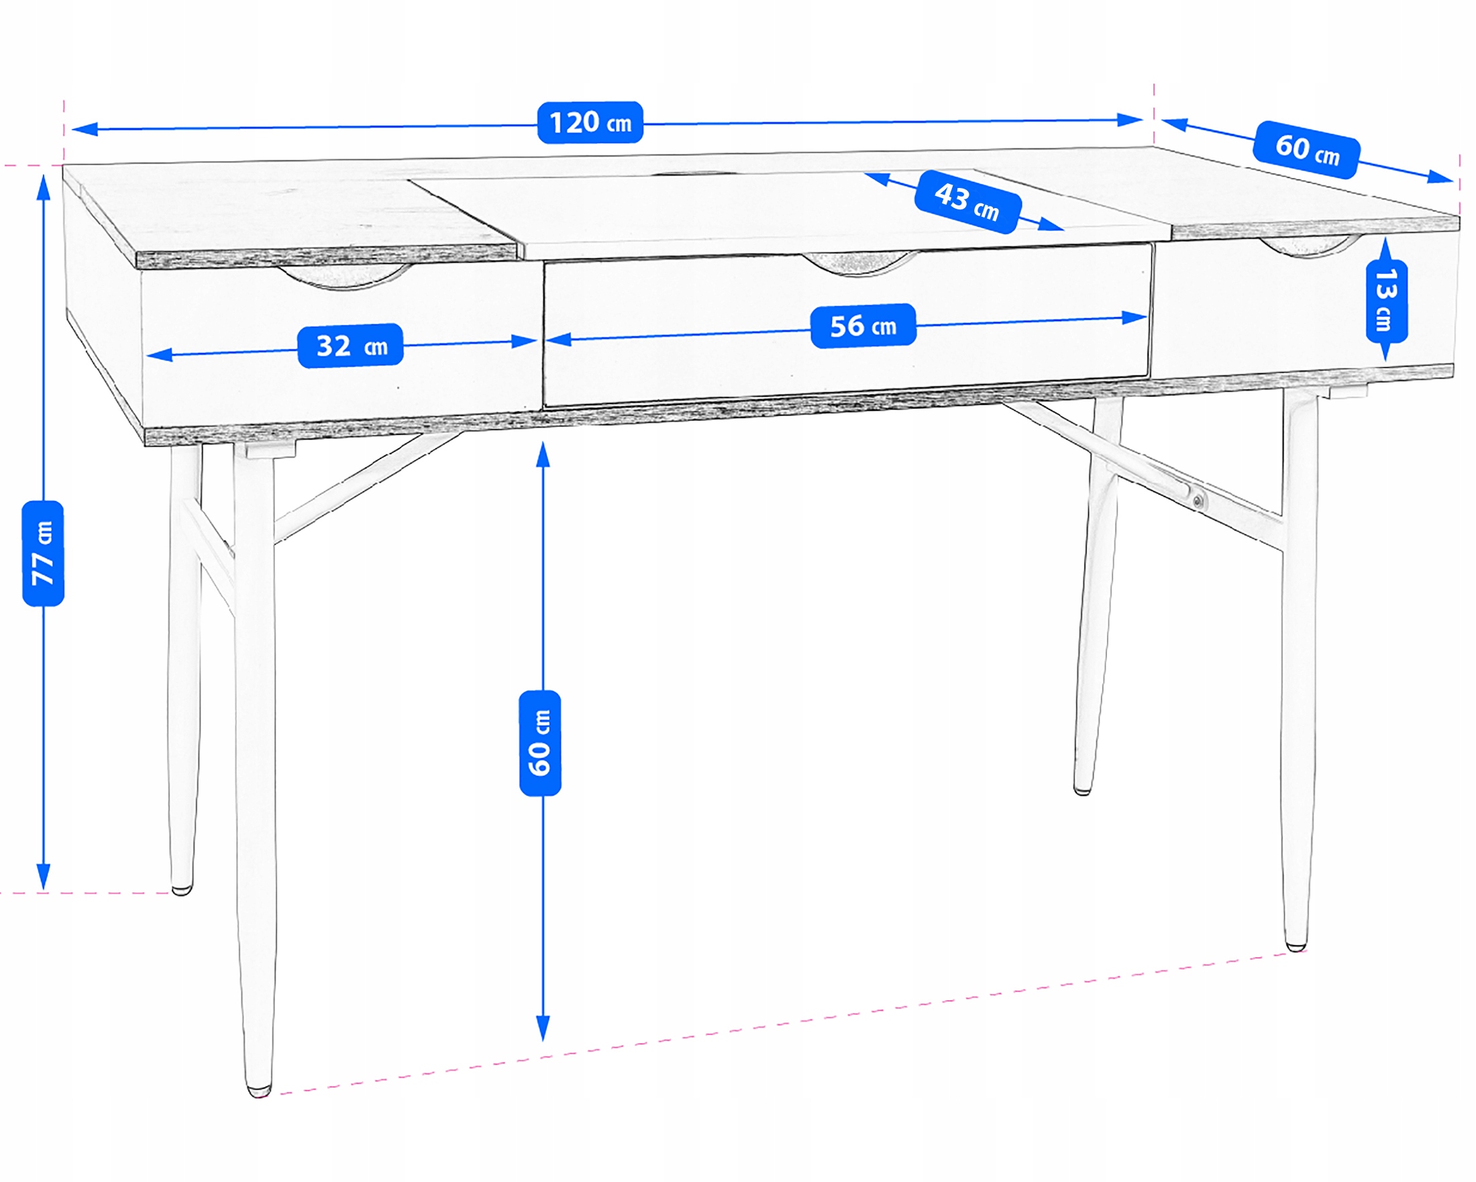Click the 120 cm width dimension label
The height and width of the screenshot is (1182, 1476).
pyautogui.click(x=590, y=123)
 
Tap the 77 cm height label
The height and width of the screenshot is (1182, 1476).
pyautogui.click(x=43, y=553)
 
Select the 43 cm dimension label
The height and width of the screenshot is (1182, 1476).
pyautogui.click(x=967, y=202)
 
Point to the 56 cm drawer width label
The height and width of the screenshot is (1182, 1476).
pyautogui.click(x=863, y=326)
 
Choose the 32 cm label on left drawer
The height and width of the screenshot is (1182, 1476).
pyautogui.click(x=350, y=346)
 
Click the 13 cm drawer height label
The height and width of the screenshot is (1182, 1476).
pyautogui.click(x=1386, y=301)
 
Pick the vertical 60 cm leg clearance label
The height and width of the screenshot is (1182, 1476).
pyautogui.click(x=540, y=743)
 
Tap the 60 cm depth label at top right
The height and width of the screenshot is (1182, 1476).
pyautogui.click(x=1306, y=150)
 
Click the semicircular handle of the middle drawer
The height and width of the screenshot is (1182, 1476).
pyautogui.click(x=859, y=264)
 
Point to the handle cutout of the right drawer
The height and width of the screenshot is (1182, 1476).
pyautogui.click(x=1308, y=246)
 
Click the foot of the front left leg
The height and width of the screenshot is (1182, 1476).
pyautogui.click(x=258, y=1089)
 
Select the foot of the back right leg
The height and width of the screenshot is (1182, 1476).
pyautogui.click(x=1082, y=791)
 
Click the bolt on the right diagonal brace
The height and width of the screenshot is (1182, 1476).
pyautogui.click(x=1198, y=502)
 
